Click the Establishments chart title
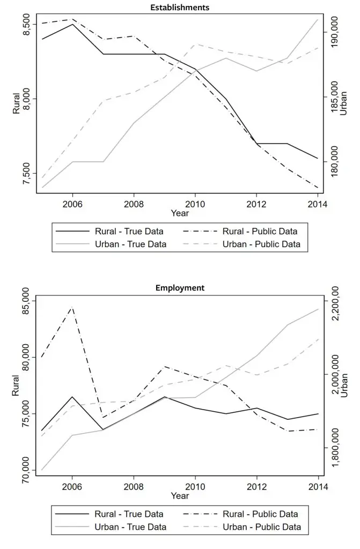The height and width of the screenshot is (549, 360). click(x=180, y=8)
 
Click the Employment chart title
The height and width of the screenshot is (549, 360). click(x=180, y=288)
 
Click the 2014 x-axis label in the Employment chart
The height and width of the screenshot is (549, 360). click(x=318, y=486)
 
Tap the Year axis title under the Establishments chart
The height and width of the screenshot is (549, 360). click(x=180, y=213)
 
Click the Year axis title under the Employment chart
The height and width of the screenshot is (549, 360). click(x=180, y=496)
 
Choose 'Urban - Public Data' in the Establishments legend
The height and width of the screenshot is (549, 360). click(x=261, y=244)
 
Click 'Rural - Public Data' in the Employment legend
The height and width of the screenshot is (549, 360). click(x=261, y=514)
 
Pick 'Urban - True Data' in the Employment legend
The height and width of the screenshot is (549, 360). click(x=130, y=527)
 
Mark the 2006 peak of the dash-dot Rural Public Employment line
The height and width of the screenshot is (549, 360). click(x=72, y=307)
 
